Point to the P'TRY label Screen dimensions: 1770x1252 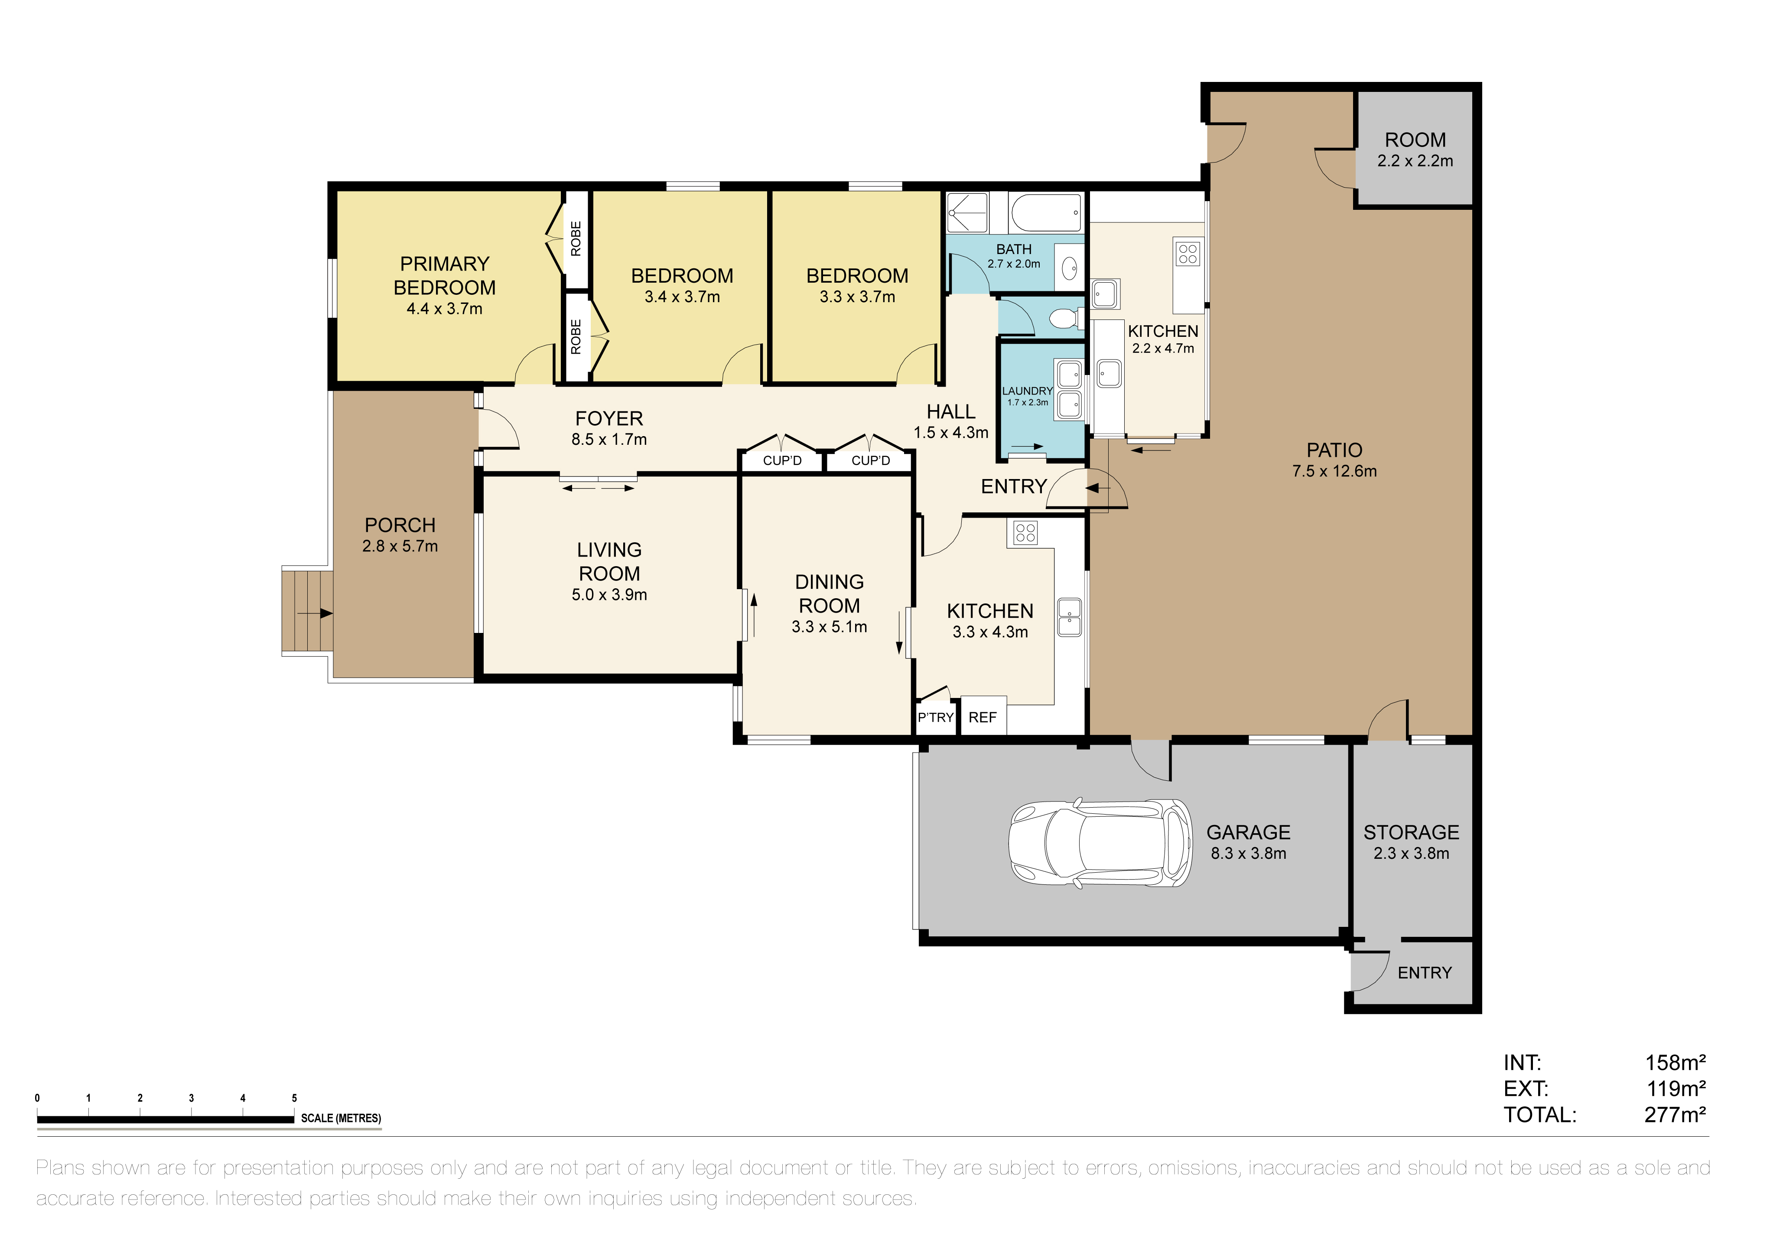[936, 718]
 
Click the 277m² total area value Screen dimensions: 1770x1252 [1674, 1115]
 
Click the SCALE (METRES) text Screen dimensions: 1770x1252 [341, 1118]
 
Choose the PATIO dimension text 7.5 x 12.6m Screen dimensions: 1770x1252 [1334, 471]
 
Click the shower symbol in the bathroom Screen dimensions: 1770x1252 [967, 213]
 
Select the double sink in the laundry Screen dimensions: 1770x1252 [1068, 390]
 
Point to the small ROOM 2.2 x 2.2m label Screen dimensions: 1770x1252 [1415, 150]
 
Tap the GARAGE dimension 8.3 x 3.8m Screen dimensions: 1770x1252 [1248, 854]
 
